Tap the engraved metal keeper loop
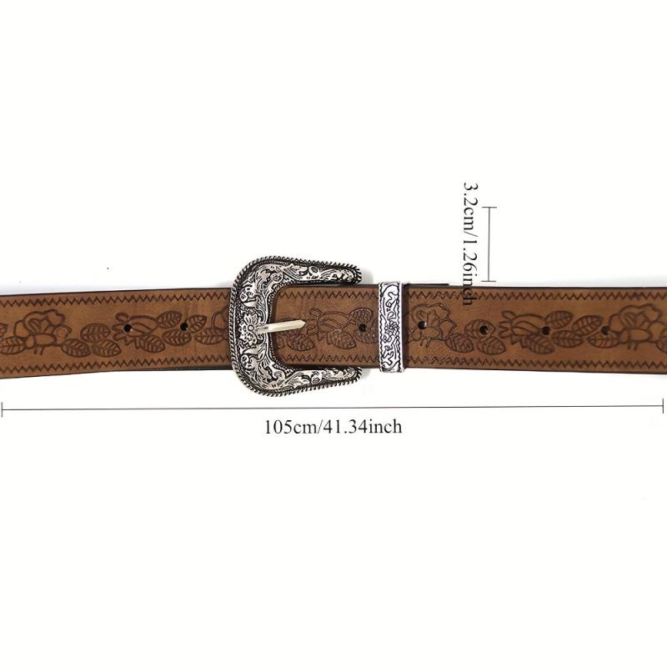tap(390, 326)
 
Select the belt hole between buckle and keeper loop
tap(363, 328)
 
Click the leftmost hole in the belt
tap(128, 328)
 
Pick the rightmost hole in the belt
tap(604, 330)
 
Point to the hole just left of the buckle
tap(184, 327)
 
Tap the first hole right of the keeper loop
tap(422, 325)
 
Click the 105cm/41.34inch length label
tap(333, 427)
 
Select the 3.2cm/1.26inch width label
tap(471, 243)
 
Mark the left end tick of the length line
tap(3, 409)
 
